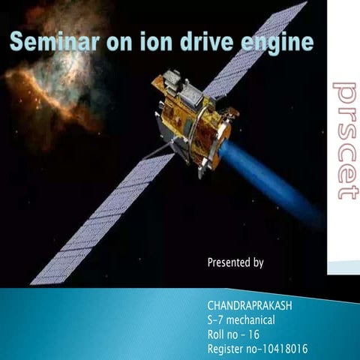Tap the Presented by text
click(235, 262)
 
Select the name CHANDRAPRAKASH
click(250, 307)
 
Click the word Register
click(226, 349)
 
